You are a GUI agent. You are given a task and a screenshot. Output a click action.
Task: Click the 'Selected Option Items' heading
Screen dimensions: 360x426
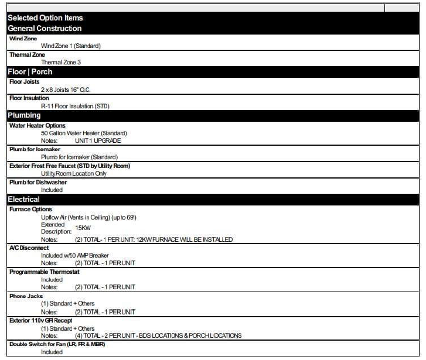pyautogui.click(x=45, y=18)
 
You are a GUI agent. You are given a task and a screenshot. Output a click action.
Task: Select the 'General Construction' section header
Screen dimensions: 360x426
pyautogui.click(x=45, y=28)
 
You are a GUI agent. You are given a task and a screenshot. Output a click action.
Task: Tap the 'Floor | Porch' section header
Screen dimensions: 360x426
pyautogui.click(x=30, y=71)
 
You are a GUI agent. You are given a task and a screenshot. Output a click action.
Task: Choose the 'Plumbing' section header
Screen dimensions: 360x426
pyautogui.click(x=24, y=115)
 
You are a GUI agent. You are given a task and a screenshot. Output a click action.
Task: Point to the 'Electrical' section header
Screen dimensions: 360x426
pyautogui.click(x=23, y=200)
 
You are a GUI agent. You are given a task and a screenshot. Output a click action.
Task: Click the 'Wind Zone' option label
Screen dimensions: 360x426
pyautogui.click(x=23, y=38)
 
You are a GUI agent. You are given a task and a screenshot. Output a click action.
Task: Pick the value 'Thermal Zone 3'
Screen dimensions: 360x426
pyautogui.click(x=61, y=61)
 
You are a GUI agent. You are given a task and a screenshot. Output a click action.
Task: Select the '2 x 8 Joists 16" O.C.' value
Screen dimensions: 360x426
pyautogui.click(x=66, y=90)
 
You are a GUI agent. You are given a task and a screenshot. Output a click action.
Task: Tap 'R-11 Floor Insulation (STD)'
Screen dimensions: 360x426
pyautogui.click(x=75, y=106)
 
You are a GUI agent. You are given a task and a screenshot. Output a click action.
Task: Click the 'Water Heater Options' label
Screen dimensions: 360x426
pyautogui.click(x=38, y=125)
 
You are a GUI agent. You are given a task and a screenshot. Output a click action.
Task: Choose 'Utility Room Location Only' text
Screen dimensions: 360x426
pyautogui.click(x=74, y=173)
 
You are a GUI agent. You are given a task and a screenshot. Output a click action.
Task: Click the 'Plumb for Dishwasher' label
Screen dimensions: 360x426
pyautogui.click(x=38, y=182)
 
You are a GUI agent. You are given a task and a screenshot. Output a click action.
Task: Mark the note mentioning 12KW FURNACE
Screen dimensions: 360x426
pyautogui.click(x=154, y=239)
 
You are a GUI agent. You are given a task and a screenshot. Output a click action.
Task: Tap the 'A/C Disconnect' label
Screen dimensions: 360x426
pyautogui.click(x=29, y=247)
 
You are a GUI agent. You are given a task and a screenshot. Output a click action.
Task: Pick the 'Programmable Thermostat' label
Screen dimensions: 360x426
pyautogui.click(x=45, y=272)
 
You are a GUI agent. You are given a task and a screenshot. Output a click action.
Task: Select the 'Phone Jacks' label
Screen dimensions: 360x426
pyautogui.click(x=26, y=296)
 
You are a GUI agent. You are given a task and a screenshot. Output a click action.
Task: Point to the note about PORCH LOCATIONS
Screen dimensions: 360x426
pyautogui.click(x=158, y=335)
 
